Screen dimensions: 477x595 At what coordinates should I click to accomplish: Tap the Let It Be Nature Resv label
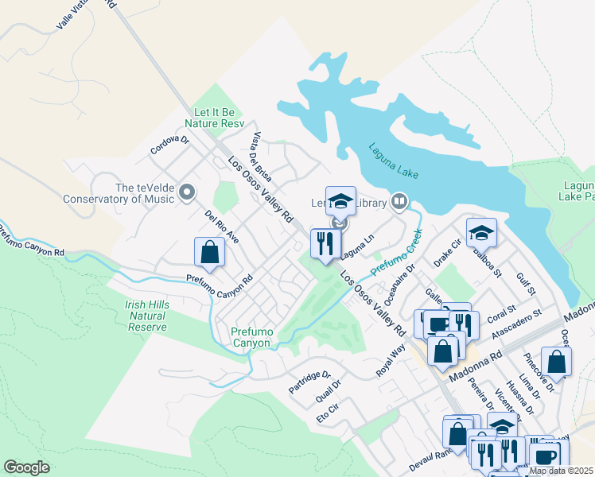coord(214,118)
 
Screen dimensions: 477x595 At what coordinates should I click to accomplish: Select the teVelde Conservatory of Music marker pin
coord(187,192)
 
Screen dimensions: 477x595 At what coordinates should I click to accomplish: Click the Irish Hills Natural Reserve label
coord(146,316)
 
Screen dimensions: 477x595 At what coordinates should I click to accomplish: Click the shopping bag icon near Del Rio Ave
coord(209,252)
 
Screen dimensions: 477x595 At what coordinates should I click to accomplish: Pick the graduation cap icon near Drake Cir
coord(480,232)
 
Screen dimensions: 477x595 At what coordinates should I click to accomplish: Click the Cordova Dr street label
coord(169,145)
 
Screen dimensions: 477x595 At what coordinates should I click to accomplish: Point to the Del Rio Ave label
coord(221,227)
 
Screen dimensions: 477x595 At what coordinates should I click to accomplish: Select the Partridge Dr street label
coord(309,381)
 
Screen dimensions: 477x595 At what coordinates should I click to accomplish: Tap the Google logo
coord(26,467)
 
